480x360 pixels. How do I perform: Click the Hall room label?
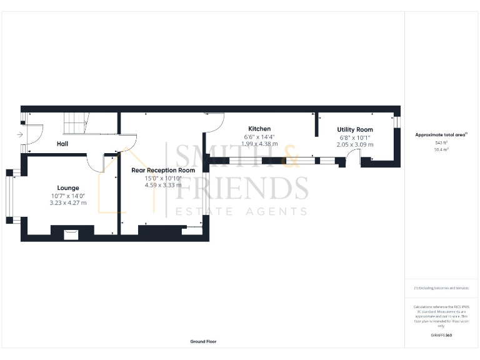pos(62,144)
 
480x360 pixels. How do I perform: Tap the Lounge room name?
pos(67,187)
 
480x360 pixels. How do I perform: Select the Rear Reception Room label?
pos(162,170)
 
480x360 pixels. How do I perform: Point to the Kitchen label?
pos(259,129)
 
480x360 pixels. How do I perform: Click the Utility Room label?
pos(355,129)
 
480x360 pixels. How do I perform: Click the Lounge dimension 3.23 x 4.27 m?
pos(67,203)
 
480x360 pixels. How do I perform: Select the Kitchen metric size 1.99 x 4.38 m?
pos(259,144)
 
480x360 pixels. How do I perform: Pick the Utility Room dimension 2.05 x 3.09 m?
pos(355,144)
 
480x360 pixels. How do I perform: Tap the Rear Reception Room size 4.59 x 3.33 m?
pos(162,185)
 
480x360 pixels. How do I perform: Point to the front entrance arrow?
pos(21,134)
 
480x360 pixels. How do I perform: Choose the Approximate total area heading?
pos(441,134)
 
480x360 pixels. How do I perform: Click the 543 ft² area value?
pos(441,142)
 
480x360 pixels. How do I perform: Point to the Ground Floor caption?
pos(204,342)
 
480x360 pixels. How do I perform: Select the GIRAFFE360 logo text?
pos(441,336)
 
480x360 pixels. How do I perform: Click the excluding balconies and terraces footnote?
pos(441,287)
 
